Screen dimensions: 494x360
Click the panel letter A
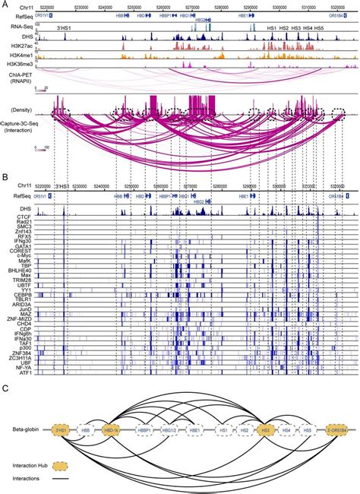pyautogui.click(x=5, y=4)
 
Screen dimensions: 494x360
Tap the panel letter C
pyautogui.click(x=5, y=387)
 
